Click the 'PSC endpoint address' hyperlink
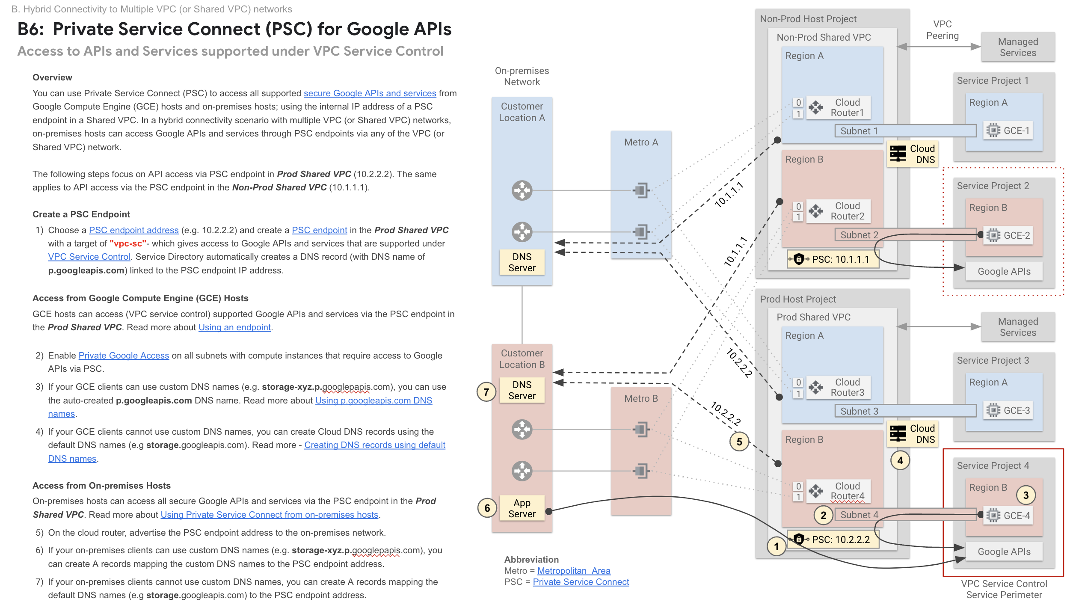133,230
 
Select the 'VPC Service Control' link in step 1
89,257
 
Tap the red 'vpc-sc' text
127,243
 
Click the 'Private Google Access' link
124,356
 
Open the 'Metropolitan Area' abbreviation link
573,571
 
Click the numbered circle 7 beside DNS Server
486,392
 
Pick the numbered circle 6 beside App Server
487,508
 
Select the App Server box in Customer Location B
522,508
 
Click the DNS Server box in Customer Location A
522,262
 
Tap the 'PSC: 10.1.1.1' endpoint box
833,259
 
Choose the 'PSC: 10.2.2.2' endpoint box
833,540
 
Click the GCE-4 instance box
1009,516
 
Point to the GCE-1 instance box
1009,130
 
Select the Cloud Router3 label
847,387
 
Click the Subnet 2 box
859,235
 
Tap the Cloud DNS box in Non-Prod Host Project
913,154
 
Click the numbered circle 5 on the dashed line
739,442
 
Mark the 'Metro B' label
640,398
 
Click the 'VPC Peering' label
942,30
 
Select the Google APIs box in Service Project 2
1004,271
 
